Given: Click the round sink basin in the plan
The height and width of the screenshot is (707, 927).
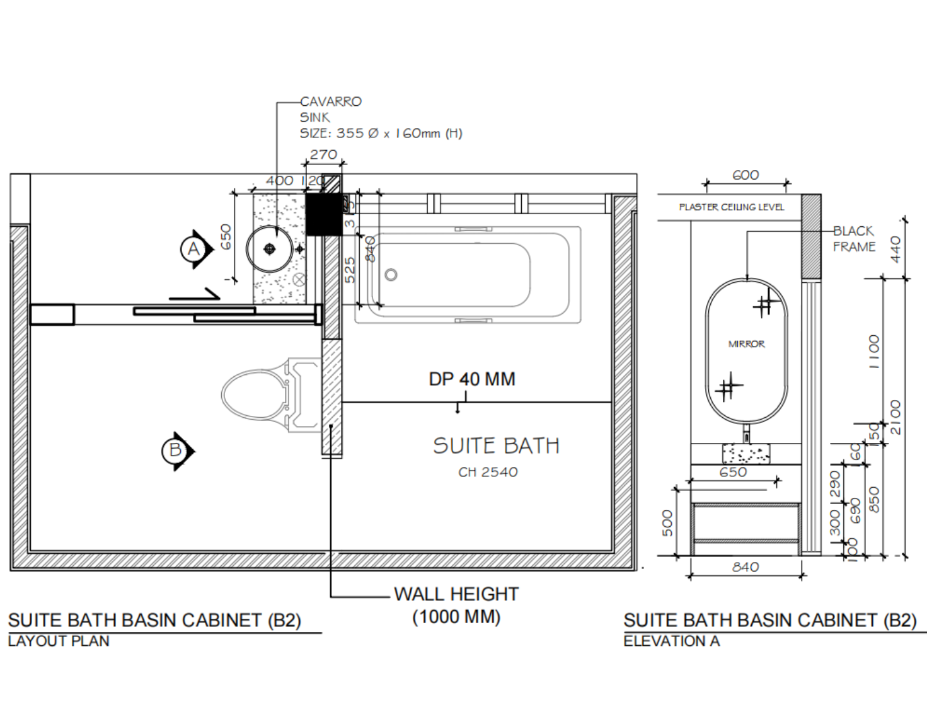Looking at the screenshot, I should coord(270,249).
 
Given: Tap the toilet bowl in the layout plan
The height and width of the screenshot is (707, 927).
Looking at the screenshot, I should coord(252,394).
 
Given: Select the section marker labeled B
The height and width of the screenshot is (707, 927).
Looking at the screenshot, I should coord(176,451).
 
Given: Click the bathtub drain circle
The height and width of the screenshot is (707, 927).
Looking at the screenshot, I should coord(391,275).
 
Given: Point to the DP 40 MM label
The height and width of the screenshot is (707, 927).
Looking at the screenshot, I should coord(471,379).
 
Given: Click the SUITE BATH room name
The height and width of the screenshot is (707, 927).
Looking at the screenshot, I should coord(496,446).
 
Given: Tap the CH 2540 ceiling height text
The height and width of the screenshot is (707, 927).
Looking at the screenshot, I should coord(488,472).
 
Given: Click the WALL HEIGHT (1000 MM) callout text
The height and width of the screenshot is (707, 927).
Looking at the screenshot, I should coord(456,605).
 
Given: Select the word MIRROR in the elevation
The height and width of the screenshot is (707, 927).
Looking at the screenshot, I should coord(746,344).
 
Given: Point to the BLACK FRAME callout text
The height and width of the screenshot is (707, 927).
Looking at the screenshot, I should coord(854,239).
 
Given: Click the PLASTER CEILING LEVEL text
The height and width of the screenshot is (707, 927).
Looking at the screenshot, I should coord(731,207).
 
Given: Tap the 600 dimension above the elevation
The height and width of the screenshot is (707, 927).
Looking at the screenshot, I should coord(746,175).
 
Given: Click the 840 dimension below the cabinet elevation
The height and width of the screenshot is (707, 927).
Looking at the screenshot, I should coord(746,567).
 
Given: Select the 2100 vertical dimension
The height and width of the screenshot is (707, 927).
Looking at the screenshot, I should coord(895,417).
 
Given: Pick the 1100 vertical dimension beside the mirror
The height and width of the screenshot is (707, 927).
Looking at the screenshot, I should coord(873,351).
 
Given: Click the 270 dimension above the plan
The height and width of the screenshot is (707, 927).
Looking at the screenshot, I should coord(323,154).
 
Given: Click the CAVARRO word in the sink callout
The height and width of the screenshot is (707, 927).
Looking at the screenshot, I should coord(331,101).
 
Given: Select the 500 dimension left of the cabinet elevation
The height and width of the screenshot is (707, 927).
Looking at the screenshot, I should coord(668,522).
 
